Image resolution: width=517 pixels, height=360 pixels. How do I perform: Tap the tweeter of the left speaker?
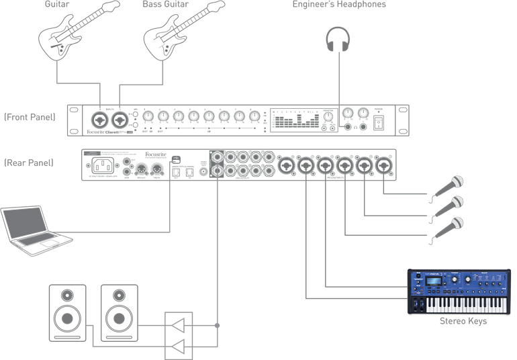click(x=67, y=295)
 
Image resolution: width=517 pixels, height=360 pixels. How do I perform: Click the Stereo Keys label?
click(x=463, y=321)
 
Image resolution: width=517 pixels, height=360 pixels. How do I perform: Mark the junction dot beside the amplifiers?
click(x=217, y=326)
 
